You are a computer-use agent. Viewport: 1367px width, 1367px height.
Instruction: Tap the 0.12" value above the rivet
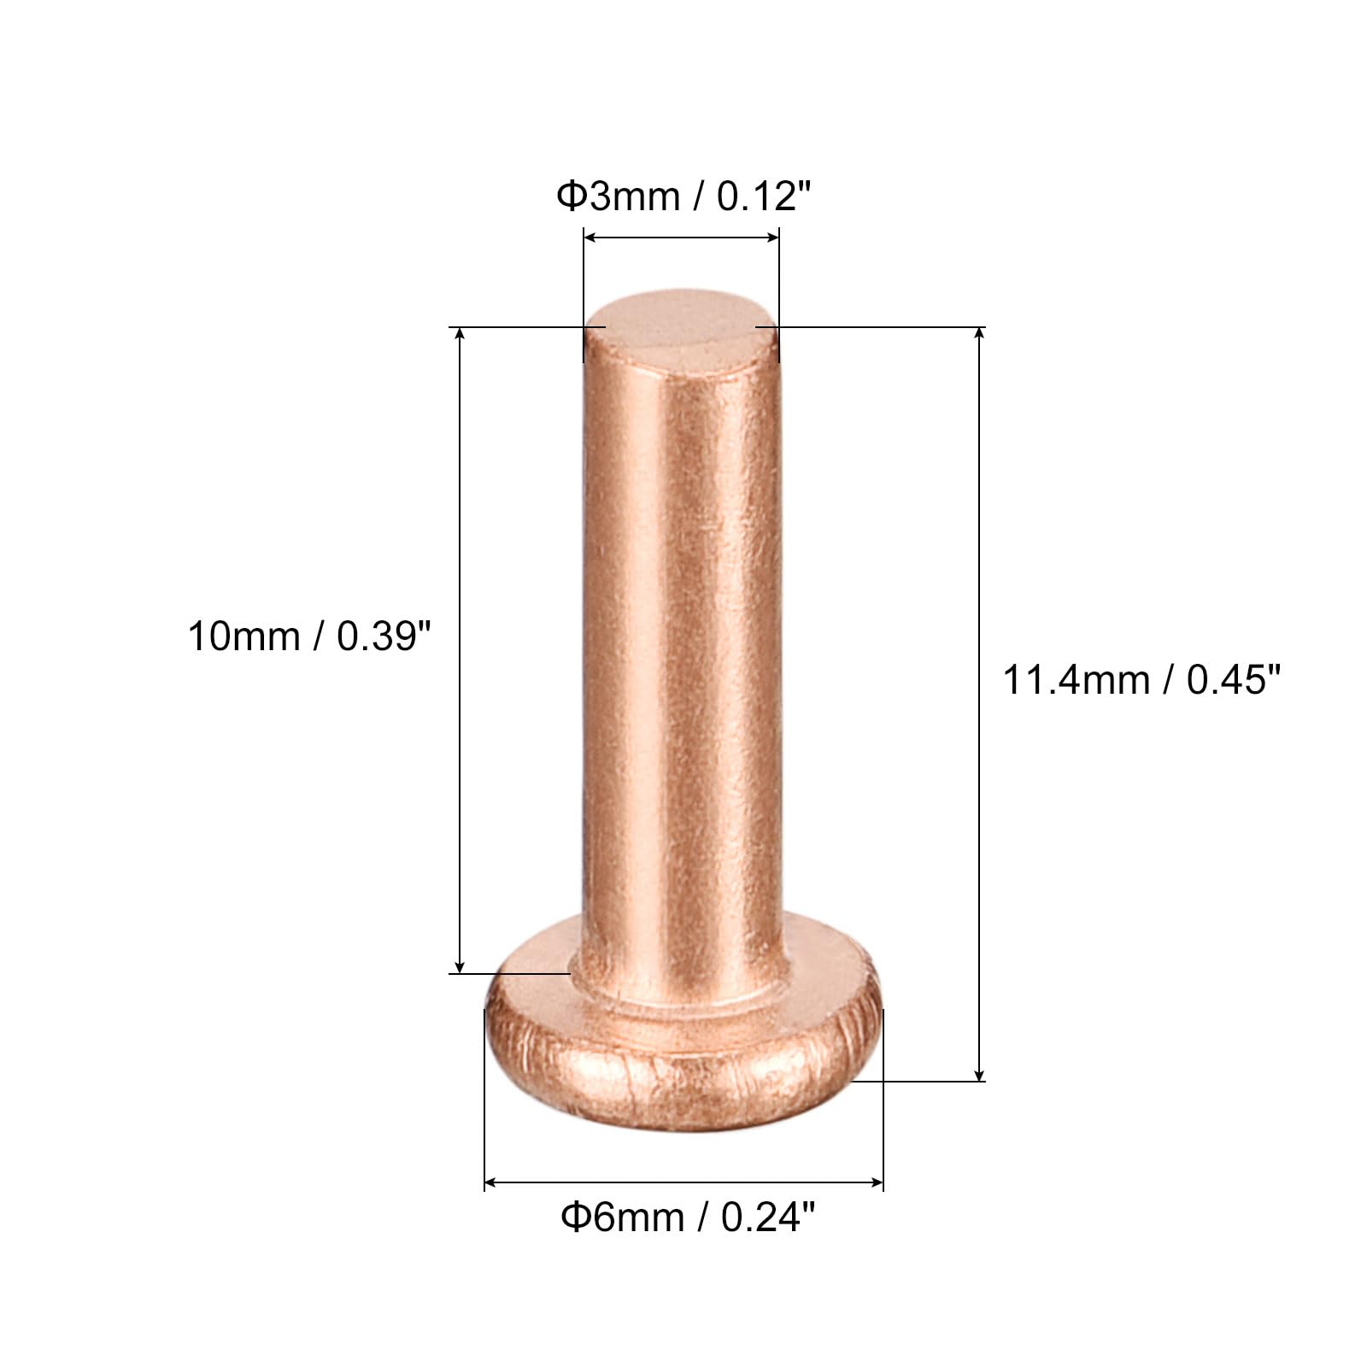(762, 197)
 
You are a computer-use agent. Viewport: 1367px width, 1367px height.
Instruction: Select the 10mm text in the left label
(243, 637)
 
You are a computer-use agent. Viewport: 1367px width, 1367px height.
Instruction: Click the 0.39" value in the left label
(384, 637)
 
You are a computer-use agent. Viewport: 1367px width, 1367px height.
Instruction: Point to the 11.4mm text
(1076, 681)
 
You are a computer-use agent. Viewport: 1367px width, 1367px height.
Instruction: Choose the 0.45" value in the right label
(1234, 680)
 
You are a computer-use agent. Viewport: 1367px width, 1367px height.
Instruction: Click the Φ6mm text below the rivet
(622, 1217)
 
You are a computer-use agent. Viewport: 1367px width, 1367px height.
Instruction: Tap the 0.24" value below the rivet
(767, 1217)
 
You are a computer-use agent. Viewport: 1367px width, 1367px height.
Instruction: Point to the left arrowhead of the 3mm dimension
(589, 237)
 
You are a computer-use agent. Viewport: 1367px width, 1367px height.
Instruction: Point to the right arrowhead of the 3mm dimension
(773, 237)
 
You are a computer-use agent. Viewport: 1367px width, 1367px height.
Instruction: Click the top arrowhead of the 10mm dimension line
(461, 334)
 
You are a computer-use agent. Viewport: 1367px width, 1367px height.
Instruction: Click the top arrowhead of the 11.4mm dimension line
(979, 334)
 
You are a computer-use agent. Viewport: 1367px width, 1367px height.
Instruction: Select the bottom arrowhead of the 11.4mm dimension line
(979, 1075)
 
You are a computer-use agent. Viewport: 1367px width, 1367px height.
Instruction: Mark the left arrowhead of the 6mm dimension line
(490, 1183)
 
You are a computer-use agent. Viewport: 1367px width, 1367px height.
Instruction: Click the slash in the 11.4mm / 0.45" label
(1168, 681)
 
